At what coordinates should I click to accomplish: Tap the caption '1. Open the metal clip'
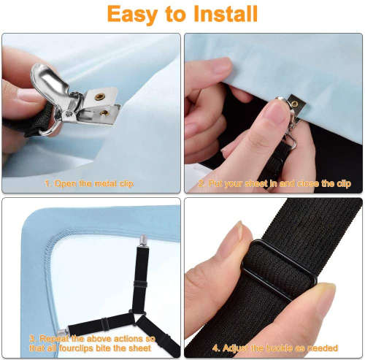pos(90,183)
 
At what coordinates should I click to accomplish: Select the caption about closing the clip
pos(274,184)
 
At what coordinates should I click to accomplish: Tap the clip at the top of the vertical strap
pos(144,240)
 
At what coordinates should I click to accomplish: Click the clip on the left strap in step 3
pos(62,332)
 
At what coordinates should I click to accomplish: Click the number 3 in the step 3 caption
pos(31,339)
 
